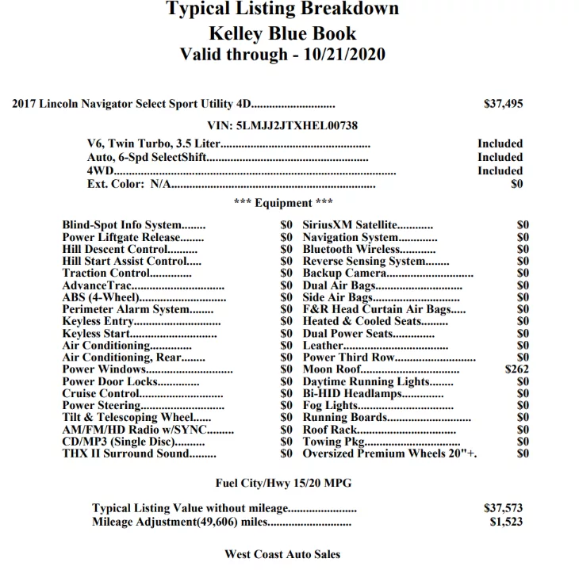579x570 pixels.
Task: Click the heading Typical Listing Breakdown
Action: tap(282, 10)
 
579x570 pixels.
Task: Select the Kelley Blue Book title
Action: tap(282, 33)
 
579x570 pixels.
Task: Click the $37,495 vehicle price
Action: tap(503, 103)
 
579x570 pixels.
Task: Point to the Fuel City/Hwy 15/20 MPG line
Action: tap(283, 482)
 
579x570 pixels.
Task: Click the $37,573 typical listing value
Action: tap(503, 508)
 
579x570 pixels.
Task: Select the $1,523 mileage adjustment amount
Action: tap(506, 522)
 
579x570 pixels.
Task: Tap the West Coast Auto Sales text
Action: tap(282, 554)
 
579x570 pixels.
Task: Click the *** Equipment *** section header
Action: tap(283, 203)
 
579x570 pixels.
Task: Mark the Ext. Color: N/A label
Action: tap(129, 184)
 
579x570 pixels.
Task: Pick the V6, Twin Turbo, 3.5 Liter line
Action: tap(152, 143)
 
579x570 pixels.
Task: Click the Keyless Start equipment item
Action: tap(98, 334)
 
